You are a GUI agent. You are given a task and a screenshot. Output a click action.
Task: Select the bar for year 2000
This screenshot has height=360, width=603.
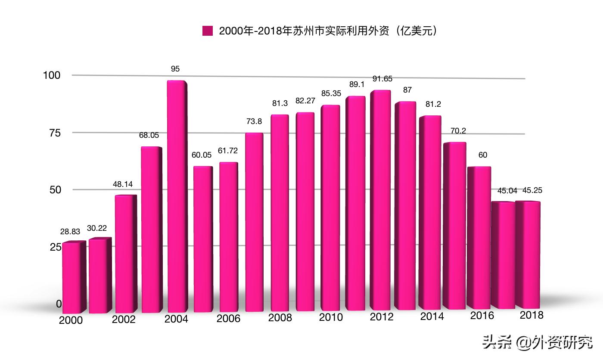(x=71, y=278)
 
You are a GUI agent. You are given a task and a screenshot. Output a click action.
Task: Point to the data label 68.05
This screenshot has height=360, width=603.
(x=149, y=135)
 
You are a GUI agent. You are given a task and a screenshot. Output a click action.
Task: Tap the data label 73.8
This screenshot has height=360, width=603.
(x=254, y=122)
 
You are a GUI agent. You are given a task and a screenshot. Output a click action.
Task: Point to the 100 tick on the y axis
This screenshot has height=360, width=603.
(x=52, y=75)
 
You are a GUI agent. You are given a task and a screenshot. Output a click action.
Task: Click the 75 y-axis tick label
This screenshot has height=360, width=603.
(x=55, y=133)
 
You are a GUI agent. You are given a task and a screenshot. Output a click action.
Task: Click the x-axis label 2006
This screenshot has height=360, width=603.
(x=228, y=319)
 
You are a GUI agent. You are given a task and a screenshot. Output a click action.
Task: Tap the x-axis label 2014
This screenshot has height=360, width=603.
(x=432, y=317)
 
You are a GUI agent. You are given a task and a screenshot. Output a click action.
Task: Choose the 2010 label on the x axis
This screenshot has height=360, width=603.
(x=331, y=317)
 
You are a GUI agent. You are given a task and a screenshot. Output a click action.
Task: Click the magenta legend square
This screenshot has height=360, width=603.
(x=208, y=31)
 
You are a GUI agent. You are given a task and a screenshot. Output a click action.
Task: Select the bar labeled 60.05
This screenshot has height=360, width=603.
(x=202, y=239)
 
